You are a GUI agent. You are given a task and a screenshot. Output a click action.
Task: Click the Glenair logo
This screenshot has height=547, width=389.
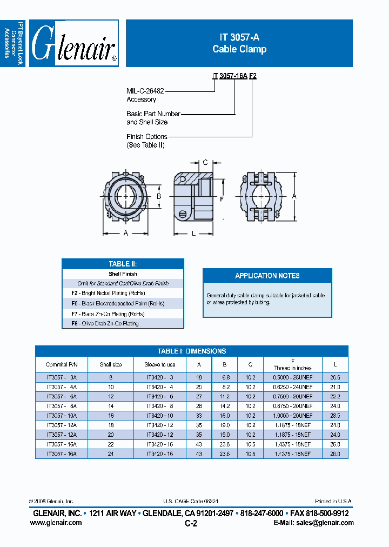coord(73,43)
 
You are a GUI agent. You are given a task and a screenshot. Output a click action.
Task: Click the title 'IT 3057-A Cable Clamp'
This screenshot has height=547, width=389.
coord(239,43)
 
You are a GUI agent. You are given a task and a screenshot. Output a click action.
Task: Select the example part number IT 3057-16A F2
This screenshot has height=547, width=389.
coord(234,76)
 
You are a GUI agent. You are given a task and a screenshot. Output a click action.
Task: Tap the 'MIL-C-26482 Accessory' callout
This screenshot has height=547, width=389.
coord(145,95)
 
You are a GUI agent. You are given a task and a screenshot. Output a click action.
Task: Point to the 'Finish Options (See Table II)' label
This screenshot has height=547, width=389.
coord(147,141)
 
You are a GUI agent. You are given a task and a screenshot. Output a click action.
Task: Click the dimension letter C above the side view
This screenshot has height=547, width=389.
coord(205,162)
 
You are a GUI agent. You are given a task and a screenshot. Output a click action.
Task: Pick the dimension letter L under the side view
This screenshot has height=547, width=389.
coord(193,234)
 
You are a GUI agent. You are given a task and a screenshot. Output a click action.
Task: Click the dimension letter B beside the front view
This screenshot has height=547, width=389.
coord(159,196)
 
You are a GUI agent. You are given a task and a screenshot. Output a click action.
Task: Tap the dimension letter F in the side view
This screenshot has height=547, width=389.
coord(222,199)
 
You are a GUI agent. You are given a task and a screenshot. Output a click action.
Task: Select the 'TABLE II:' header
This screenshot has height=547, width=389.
coord(123,264)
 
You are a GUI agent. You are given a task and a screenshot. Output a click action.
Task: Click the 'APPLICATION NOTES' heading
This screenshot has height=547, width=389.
coord(267,276)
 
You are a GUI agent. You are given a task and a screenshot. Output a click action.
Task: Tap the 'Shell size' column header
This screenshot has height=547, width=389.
coord(111,364)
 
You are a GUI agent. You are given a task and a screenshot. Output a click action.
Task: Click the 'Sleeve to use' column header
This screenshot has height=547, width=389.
coord(160,364)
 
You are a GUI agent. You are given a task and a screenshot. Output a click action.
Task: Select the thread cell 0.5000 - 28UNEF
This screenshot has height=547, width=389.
coord(292,377)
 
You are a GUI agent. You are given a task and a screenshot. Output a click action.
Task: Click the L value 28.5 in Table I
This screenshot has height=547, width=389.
coord(335,416)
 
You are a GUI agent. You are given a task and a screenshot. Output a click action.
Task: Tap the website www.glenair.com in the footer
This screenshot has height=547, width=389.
coord(58,523)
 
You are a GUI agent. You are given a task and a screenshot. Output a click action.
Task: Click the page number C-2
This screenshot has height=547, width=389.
coord(191,524)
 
